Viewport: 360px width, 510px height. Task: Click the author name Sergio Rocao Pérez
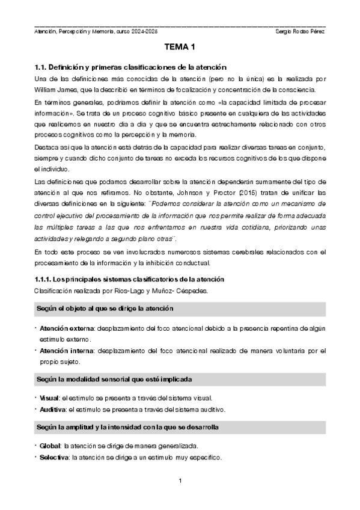point(299,31)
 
